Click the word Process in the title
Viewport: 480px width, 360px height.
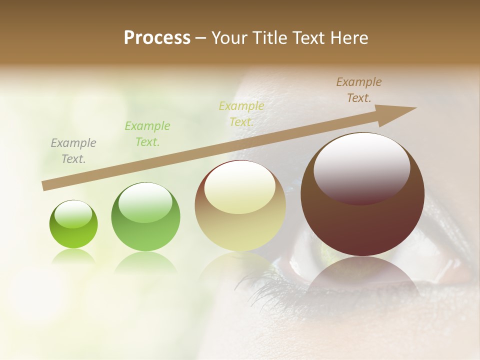coord(157,38)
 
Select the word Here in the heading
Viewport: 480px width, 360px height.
coord(348,38)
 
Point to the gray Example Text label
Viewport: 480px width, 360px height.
coord(73,151)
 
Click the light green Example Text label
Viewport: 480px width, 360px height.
coord(147,134)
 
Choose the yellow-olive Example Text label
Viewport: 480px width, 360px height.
coord(241,114)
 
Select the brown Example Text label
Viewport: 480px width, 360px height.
coord(359,90)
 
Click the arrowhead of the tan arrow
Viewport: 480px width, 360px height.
coord(400,112)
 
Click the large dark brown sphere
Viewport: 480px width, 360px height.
coord(362,220)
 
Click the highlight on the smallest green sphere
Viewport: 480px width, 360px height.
coord(73,214)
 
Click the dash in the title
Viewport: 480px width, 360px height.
coord(201,38)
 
